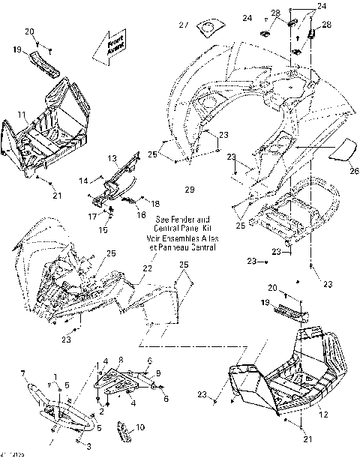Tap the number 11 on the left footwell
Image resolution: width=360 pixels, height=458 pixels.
coord(22,115)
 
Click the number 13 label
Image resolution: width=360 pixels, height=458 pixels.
coord(111,158)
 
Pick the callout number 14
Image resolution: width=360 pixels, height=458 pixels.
coord(85,179)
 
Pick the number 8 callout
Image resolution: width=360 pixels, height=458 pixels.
coord(121,360)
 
